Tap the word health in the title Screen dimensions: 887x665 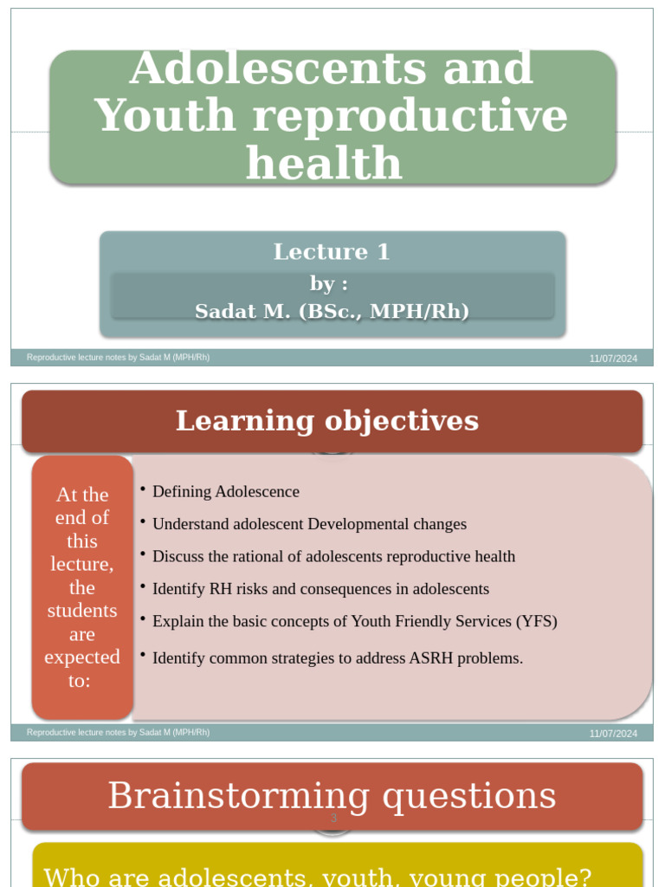pyautogui.click(x=324, y=163)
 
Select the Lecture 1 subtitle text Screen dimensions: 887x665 pyautogui.click(x=332, y=252)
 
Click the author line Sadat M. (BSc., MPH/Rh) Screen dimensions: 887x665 pyautogui.click(x=332, y=311)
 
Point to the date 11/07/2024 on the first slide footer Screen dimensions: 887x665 pyautogui.click(x=613, y=359)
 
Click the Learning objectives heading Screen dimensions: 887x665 pyautogui.click(x=326, y=421)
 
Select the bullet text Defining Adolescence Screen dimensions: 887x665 pyautogui.click(x=225, y=492)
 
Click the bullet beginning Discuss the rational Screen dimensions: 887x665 pyautogui.click(x=333, y=557)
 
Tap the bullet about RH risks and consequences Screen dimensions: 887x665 pyautogui.click(x=320, y=589)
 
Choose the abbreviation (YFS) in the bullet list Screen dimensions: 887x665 pyautogui.click(x=537, y=622)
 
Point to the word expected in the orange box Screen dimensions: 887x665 pyautogui.click(x=82, y=657)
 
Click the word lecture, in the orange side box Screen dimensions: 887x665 pyautogui.click(x=82, y=564)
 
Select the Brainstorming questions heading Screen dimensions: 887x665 pyautogui.click(x=332, y=795)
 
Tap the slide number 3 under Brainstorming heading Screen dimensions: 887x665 pyautogui.click(x=332, y=819)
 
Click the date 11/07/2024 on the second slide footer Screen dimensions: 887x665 pyautogui.click(x=613, y=734)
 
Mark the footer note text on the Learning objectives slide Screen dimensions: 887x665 pyautogui.click(x=118, y=733)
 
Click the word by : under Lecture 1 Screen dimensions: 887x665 pyautogui.click(x=329, y=284)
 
